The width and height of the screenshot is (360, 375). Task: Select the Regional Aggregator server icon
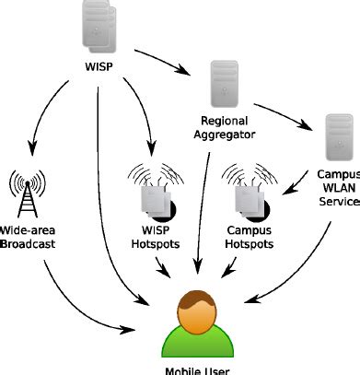(223, 86)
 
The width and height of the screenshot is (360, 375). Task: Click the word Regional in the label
(226, 120)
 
